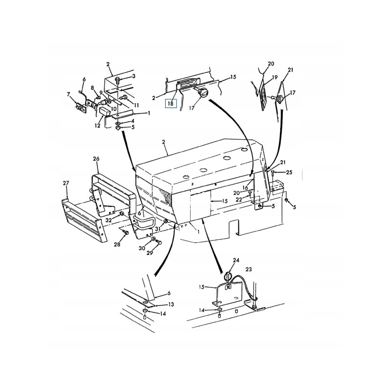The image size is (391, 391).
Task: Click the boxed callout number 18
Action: click(x=170, y=103)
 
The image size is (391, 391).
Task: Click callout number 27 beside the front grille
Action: click(x=66, y=183)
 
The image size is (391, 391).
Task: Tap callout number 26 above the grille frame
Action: click(x=96, y=158)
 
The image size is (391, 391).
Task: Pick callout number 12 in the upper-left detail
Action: click(x=97, y=126)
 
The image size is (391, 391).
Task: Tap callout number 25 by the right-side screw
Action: click(x=289, y=173)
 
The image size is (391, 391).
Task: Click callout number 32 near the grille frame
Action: click(x=109, y=220)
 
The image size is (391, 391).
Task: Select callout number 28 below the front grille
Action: click(x=118, y=244)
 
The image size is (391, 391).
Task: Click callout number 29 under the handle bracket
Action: click(x=150, y=253)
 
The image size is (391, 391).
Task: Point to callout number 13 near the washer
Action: click(x=171, y=304)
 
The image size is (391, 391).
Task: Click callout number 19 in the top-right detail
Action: click(x=274, y=77)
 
